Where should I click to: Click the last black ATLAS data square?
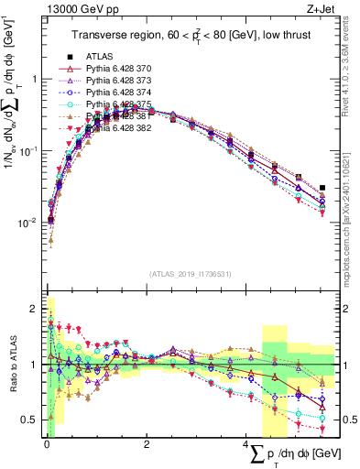click(322, 188)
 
